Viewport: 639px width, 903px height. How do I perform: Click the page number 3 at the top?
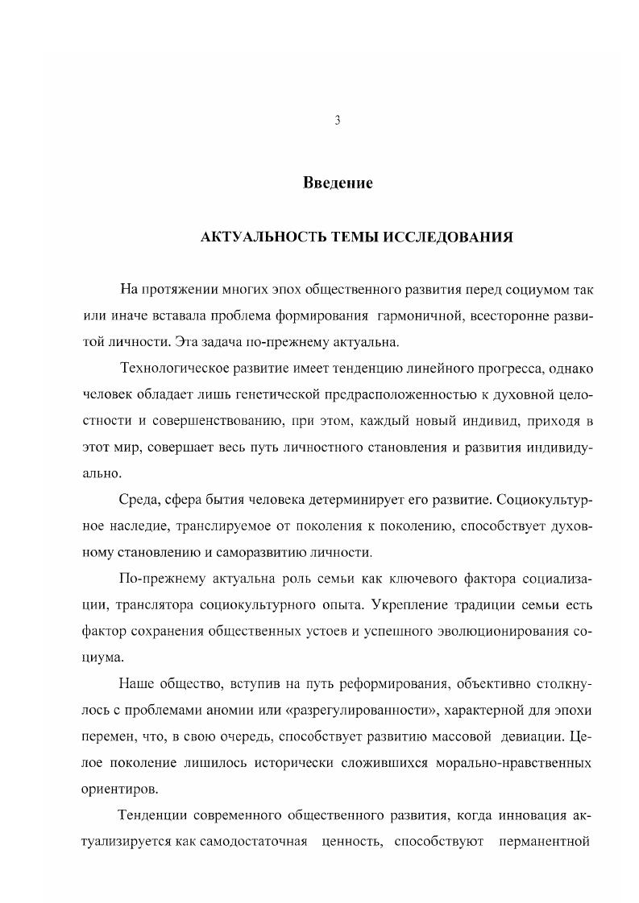338,121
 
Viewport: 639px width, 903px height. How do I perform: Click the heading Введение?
338,183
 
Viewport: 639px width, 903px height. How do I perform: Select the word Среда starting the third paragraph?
139,499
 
